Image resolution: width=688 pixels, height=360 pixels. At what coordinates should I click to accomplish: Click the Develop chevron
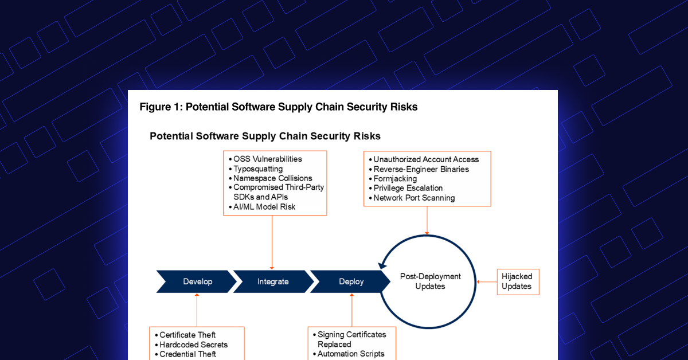pyautogui.click(x=197, y=281)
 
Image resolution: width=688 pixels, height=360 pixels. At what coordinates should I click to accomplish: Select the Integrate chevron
pyautogui.click(x=273, y=281)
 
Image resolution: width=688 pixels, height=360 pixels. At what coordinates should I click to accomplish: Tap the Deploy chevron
pyautogui.click(x=351, y=281)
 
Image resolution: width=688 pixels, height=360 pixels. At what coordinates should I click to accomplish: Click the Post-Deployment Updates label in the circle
pyautogui.click(x=429, y=281)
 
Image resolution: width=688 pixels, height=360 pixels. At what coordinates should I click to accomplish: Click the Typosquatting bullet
pyautogui.click(x=257, y=169)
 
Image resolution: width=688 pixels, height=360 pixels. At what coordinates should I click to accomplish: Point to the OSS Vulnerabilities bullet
pyautogui.click(x=267, y=159)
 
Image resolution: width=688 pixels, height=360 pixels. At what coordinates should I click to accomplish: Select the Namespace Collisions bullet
pyautogui.click(x=272, y=178)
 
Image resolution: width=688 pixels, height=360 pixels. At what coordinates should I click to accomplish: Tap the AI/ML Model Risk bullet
pyautogui.click(x=264, y=206)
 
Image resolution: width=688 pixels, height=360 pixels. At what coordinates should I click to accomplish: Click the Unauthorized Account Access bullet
pyautogui.click(x=426, y=159)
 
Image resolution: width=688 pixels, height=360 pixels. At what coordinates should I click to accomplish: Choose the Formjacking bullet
pyautogui.click(x=395, y=178)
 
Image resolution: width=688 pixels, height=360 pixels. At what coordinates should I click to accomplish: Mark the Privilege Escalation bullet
pyautogui.click(x=408, y=188)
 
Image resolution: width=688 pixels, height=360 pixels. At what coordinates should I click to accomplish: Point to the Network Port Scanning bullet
pyautogui.click(x=414, y=198)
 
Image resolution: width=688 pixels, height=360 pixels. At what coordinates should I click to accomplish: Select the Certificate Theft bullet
pyautogui.click(x=187, y=335)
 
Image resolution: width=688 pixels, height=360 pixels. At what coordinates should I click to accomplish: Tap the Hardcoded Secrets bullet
pyautogui.click(x=193, y=345)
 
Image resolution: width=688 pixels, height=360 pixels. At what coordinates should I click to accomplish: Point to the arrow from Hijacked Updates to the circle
pyautogui.click(x=487, y=281)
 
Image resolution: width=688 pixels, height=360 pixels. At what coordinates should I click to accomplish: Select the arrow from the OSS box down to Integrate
pyautogui.click(x=271, y=241)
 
